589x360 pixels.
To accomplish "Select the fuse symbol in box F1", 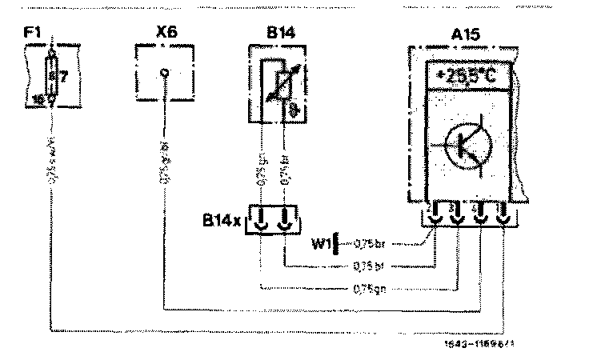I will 52,77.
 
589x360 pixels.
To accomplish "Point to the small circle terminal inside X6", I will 164,72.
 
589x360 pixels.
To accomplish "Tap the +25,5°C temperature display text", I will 466,78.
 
